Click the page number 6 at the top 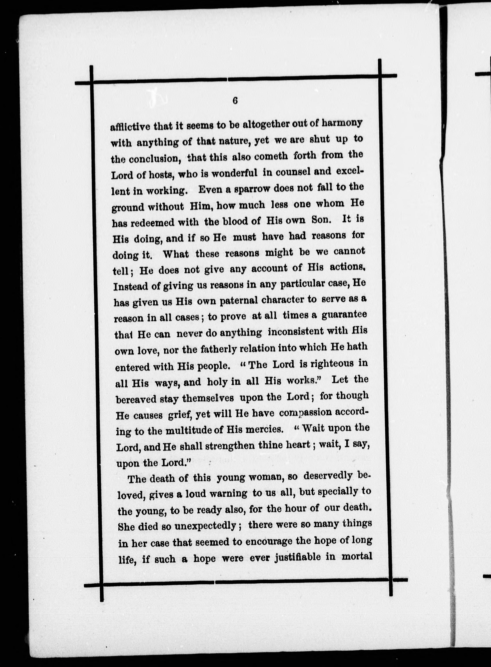pos(235,101)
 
